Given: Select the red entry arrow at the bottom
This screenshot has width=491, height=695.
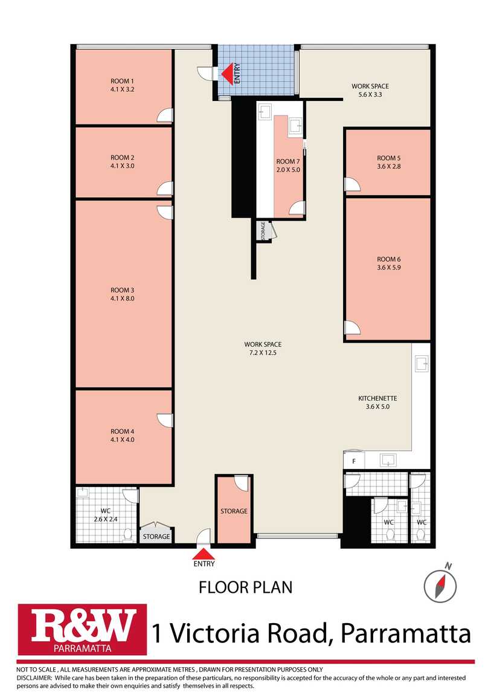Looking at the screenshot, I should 204,554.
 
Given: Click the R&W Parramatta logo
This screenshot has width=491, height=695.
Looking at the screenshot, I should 82,629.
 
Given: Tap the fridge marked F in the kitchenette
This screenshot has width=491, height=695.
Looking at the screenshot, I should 354,461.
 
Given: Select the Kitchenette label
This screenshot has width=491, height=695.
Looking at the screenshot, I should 377,398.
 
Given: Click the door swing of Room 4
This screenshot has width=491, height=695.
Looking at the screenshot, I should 165,420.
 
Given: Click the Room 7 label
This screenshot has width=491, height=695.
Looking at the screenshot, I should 287,161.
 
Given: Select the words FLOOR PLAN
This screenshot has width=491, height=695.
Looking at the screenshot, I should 246,587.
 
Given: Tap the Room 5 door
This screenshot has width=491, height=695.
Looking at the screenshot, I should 351,184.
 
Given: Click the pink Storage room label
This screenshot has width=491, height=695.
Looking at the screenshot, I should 234,511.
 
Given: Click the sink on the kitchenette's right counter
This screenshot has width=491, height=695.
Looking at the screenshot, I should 421,363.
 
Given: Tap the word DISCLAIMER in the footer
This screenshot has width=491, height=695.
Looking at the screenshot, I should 33,677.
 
